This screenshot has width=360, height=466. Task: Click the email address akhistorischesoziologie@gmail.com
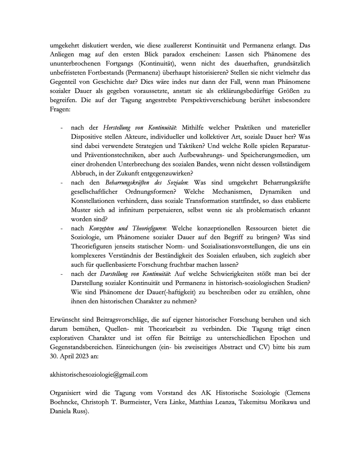coord(99,375)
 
